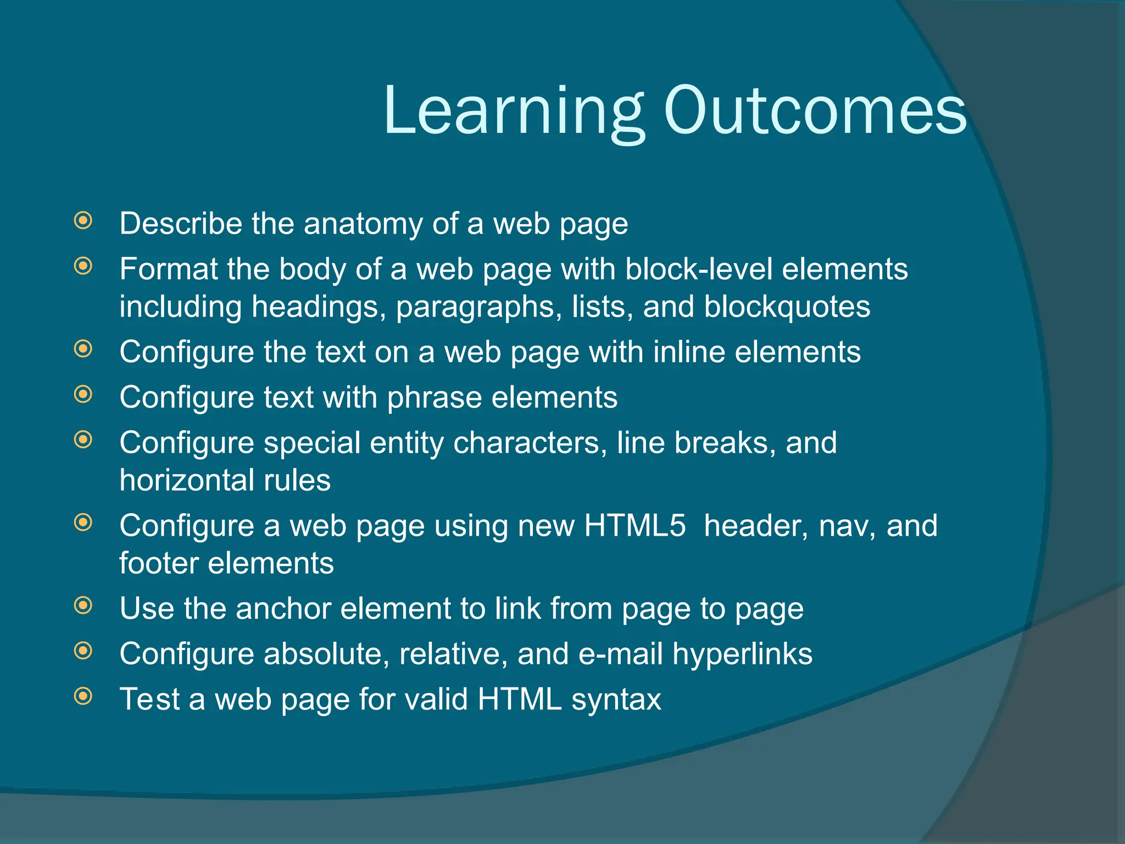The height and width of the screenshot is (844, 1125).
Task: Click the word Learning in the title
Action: click(x=514, y=112)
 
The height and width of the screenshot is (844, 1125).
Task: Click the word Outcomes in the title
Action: click(x=815, y=112)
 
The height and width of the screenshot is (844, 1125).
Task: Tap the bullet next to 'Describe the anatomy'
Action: click(x=83, y=221)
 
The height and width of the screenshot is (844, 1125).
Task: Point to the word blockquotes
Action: click(x=787, y=307)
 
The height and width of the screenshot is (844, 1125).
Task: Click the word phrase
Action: click(x=434, y=398)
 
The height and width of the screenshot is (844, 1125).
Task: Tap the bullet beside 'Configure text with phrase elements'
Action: click(x=83, y=394)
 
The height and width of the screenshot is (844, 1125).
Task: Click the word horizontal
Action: click(x=187, y=480)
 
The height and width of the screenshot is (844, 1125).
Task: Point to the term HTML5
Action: click(x=635, y=526)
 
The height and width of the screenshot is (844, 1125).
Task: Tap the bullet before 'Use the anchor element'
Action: click(x=83, y=606)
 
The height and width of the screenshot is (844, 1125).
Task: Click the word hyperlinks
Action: click(x=742, y=654)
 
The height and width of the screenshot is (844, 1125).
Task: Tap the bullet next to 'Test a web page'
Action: click(x=83, y=696)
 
